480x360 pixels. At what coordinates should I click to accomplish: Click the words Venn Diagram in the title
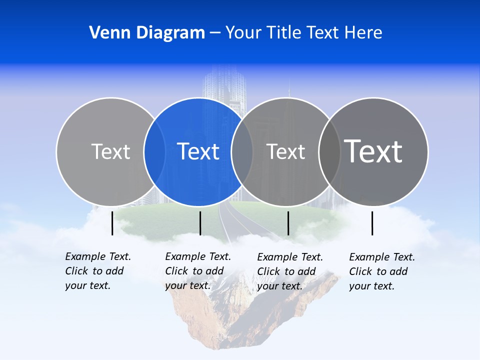pos(147,33)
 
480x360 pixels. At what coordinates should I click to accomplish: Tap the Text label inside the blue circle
pos(198,151)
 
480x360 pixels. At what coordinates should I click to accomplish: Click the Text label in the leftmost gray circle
pos(110,151)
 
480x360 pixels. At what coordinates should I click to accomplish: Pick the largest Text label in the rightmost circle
pos(373,151)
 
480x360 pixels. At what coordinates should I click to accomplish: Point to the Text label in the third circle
pos(285,151)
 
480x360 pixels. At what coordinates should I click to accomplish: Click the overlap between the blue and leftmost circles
pos(154,151)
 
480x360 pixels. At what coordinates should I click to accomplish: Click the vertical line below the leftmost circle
pos(112,223)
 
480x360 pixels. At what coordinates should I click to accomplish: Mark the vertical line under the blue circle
pos(200,223)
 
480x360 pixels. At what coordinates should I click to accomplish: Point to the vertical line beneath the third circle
pos(288,223)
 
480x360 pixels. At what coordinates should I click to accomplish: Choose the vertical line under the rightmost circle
pos(372,223)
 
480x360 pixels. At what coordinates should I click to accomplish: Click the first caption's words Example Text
pos(98,256)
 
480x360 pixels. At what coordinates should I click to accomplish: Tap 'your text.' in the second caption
pos(187,285)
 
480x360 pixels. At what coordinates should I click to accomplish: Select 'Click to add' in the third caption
pos(286,271)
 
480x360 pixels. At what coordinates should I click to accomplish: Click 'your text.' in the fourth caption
pos(371,286)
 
